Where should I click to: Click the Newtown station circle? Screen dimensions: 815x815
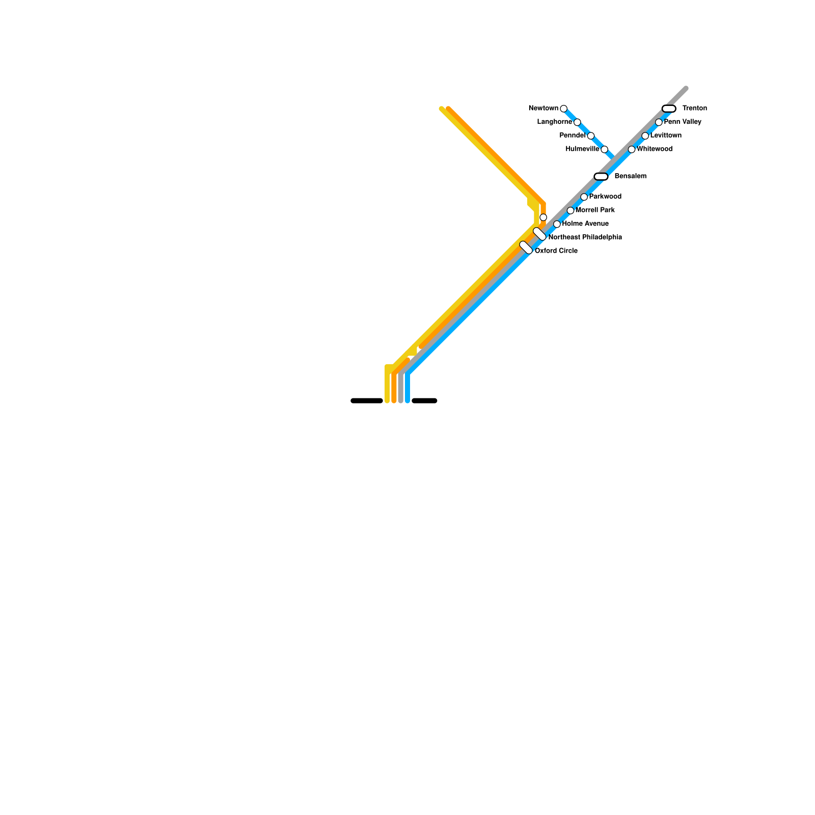563,108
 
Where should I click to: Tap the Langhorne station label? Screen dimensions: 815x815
554,122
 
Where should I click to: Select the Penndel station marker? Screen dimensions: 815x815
590,135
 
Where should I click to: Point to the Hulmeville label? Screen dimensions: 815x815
582,149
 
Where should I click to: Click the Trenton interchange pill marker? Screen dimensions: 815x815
669,108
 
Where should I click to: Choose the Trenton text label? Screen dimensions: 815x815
694,108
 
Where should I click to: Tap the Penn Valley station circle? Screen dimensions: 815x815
659,122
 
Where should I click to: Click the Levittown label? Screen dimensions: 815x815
666,135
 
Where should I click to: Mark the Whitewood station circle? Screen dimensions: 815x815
632,149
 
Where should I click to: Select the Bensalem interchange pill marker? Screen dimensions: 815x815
601,176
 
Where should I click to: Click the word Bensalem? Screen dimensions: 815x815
630,176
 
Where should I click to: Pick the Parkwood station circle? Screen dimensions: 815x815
584,197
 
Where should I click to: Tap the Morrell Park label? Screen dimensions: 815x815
595,210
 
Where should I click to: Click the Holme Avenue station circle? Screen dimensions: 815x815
557,224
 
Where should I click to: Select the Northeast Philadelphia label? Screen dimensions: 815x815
585,237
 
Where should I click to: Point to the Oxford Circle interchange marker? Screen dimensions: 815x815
526,248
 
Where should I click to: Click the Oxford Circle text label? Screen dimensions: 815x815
556,251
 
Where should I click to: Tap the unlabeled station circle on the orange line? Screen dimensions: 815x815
543,218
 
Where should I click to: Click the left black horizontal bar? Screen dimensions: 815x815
367,401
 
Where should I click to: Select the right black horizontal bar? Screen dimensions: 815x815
424,401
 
